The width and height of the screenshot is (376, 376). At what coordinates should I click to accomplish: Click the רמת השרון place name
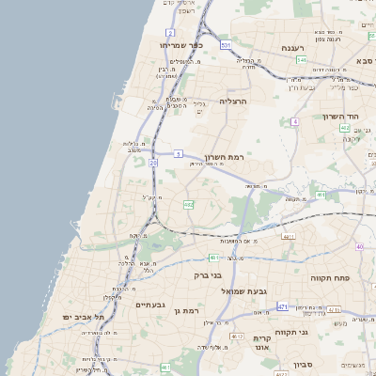click(x=223, y=158)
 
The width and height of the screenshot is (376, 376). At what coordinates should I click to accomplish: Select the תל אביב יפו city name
click(x=83, y=318)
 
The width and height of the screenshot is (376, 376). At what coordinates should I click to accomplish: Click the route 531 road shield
click(x=226, y=44)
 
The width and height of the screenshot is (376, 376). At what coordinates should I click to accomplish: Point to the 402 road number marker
click(x=345, y=128)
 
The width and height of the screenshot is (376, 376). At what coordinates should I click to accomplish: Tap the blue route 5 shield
click(x=178, y=153)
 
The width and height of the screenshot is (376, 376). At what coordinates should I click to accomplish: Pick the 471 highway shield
click(x=283, y=307)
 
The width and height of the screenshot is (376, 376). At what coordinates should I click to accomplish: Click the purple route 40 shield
click(x=359, y=246)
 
